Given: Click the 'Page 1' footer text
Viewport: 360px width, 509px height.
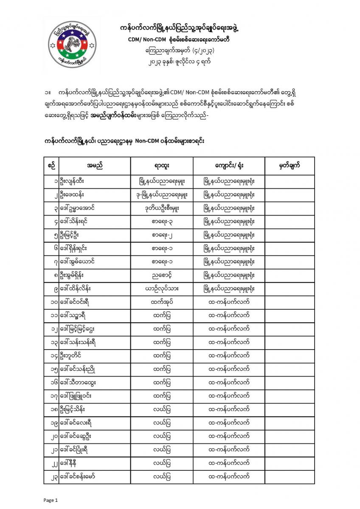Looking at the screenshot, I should tap(51, 500).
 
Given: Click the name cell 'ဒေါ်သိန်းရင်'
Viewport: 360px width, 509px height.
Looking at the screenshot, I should tap(75, 222).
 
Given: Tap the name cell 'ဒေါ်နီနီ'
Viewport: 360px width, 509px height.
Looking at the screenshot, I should tap(71, 463).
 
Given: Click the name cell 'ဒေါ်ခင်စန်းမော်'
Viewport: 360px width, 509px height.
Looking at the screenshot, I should tap(78, 477).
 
